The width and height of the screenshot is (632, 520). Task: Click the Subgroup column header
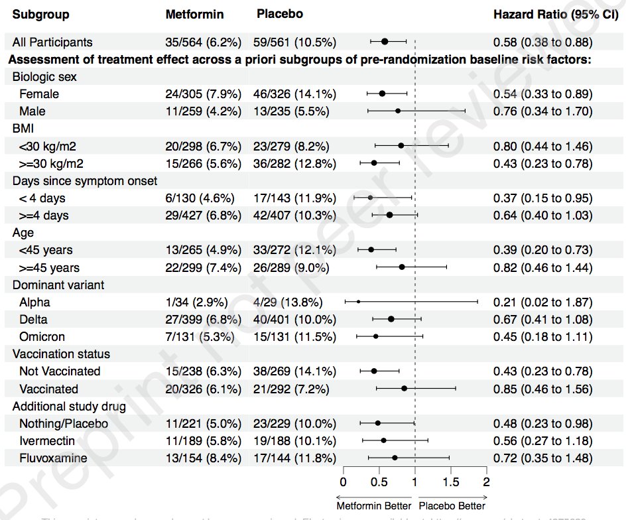pyautogui.click(x=40, y=14)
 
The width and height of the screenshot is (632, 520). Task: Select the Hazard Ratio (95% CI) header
pyautogui.click(x=556, y=14)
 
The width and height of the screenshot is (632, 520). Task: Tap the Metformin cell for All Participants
pyautogui.click(x=203, y=42)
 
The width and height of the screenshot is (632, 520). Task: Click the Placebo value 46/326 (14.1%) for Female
pyautogui.click(x=294, y=94)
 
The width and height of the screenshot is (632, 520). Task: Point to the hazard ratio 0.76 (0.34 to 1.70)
pyautogui.click(x=542, y=111)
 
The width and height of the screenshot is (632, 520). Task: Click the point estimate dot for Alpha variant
pyautogui.click(x=359, y=302)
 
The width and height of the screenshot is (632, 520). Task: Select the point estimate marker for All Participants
pyautogui.click(x=385, y=42)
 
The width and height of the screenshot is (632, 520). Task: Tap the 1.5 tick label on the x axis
pyautogui.click(x=450, y=482)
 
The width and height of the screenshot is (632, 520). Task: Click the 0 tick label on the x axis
pyautogui.click(x=343, y=482)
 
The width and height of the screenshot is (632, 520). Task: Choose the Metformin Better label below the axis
pyautogui.click(x=373, y=505)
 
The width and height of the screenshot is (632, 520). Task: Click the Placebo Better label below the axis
pyautogui.click(x=452, y=505)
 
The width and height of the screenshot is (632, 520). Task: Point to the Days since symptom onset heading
pyautogui.click(x=85, y=180)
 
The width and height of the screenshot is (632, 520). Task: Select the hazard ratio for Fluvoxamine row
pyautogui.click(x=542, y=458)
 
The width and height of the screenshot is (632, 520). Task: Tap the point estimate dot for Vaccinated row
pyautogui.click(x=404, y=389)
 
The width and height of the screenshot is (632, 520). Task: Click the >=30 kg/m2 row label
pyautogui.click(x=51, y=163)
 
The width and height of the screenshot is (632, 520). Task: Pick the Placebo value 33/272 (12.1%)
pyautogui.click(x=294, y=250)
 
